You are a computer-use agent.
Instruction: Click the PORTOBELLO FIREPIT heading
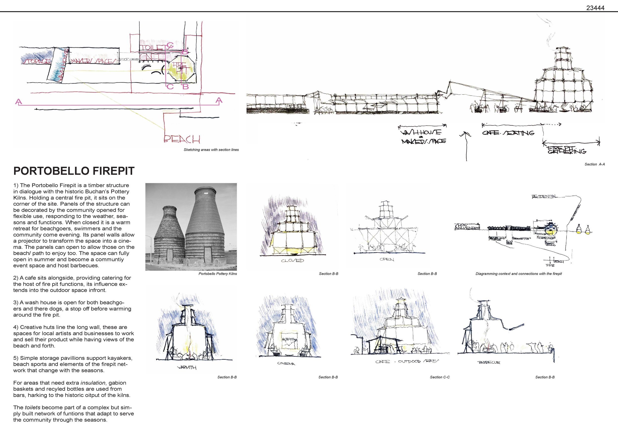74,171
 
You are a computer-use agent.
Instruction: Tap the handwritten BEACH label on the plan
182,139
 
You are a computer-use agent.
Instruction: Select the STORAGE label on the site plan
36,61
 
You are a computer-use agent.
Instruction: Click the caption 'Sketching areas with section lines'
211,150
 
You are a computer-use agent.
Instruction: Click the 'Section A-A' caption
594,164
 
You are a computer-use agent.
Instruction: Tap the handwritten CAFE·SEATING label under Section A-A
508,133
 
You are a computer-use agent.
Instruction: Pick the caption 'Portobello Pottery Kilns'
218,274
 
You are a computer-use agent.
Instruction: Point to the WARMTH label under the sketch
187,368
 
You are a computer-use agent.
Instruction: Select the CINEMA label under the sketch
286,364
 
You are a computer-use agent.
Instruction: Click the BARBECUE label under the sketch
489,362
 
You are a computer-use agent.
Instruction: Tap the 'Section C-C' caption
440,377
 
